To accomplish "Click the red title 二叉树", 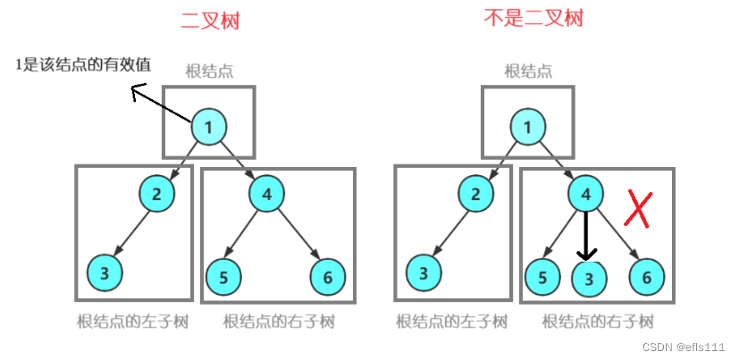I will coord(210,21).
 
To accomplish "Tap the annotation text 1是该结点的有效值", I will coord(82,64).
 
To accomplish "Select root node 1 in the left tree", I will coord(208,128).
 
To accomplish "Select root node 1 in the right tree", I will coord(527,128).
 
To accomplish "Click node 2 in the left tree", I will coord(156,194).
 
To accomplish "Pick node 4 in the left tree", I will coord(266,194).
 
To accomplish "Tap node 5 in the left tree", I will coord(223,277).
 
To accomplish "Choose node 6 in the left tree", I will coord(327,277).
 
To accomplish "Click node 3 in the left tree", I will coord(105,273).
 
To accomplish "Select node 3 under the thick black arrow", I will coord(587,278).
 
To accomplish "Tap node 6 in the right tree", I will coord(647,277).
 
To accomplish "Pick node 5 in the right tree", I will coord(542,277).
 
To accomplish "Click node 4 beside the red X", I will coord(585,194).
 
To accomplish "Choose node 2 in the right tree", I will coord(475,194).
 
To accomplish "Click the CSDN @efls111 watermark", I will coord(688,347).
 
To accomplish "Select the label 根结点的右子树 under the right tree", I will coord(598,321).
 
